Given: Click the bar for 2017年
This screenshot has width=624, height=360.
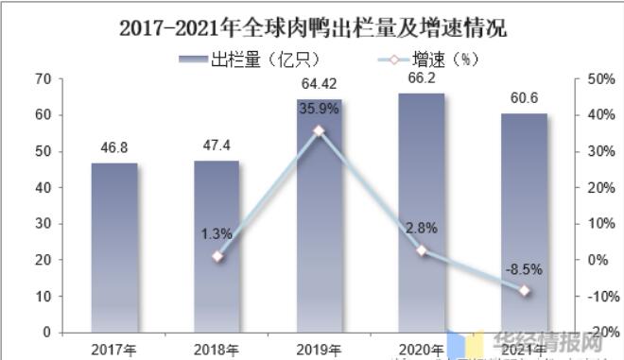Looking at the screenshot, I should tap(113, 248).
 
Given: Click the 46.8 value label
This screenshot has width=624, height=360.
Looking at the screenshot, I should tap(114, 148).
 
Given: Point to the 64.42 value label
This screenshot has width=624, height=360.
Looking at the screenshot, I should tap(320, 85).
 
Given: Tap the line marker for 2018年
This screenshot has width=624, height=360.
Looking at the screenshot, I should tap(217, 256).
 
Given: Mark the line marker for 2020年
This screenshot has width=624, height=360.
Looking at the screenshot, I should tap(422, 250).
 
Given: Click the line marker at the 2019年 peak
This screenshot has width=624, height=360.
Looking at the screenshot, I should tap(319, 131).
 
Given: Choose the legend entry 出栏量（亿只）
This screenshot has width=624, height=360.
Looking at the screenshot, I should tap(251, 59).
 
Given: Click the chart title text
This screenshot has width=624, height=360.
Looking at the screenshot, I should tap(313, 27).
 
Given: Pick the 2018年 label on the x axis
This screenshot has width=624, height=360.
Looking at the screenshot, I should tap(217, 348).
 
